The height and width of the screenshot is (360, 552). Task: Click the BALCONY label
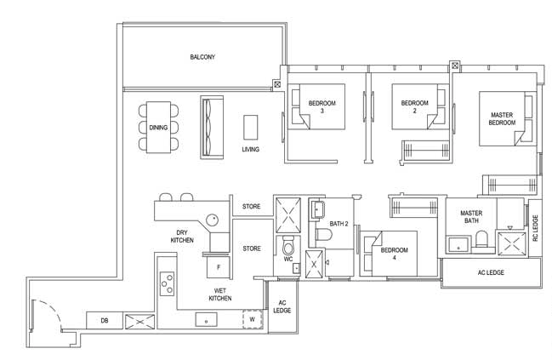click(202, 57)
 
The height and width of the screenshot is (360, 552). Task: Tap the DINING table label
click(158, 128)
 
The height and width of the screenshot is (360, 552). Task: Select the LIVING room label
click(251, 149)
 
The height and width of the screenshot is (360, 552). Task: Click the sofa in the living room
click(212, 127)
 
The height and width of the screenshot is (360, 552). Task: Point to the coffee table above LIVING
click(251, 127)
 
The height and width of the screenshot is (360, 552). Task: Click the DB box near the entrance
click(105, 321)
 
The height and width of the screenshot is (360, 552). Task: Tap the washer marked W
click(253, 319)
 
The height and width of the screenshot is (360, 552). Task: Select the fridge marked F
click(219, 267)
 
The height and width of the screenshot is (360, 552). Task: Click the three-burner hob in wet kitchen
click(167, 283)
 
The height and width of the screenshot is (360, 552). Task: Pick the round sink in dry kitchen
click(212, 220)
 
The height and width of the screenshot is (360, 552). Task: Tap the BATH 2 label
click(339, 224)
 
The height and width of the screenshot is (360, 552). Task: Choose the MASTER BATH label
click(471, 217)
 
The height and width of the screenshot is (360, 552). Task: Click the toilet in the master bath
click(481, 239)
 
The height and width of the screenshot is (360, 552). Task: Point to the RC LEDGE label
click(536, 228)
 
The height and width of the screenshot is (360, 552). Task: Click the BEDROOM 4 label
click(395, 254)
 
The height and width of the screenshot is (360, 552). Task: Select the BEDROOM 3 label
click(322, 106)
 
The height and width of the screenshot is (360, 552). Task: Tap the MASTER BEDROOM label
click(502, 118)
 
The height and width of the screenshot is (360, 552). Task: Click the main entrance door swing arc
click(52, 310)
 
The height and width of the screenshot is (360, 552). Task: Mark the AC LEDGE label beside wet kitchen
click(282, 306)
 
